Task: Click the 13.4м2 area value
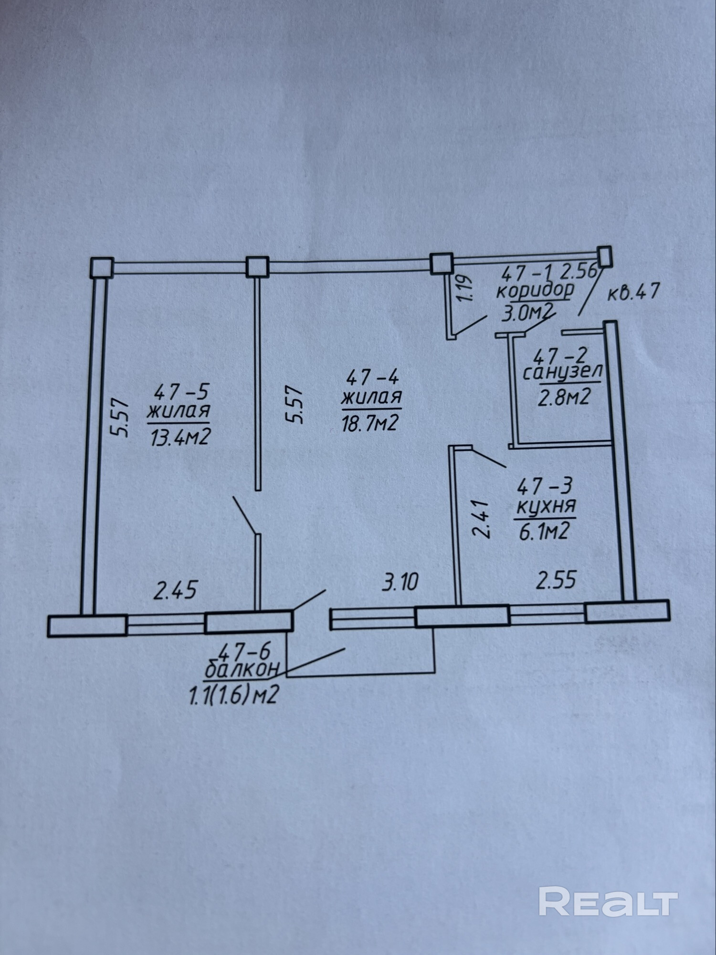pos(180,437)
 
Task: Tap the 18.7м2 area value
pos(369,423)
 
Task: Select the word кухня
pos(546,507)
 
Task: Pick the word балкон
pos(241,670)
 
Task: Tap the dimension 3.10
pos(400,583)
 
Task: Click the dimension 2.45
pos(175,591)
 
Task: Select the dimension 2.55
pos(556,581)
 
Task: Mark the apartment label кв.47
pos(633,292)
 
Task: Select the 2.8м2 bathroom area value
pos(563,396)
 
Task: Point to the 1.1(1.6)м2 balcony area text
pos(233,696)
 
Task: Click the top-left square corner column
pos(101,267)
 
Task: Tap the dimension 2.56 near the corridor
pos(579,271)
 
